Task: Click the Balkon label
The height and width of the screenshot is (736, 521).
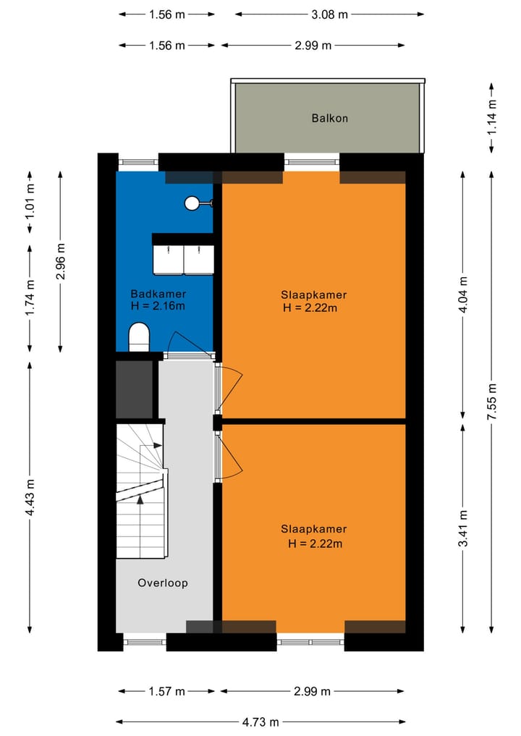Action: [x=329, y=118]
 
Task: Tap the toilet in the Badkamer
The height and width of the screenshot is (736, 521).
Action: [x=138, y=337]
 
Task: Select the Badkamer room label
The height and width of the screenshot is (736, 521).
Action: [x=158, y=294]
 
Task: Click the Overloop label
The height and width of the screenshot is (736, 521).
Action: [x=163, y=583]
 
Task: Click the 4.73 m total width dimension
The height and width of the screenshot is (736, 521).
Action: [x=260, y=722]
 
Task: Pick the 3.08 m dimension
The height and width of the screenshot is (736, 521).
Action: [x=329, y=14]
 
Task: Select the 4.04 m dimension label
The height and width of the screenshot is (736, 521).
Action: [x=463, y=295]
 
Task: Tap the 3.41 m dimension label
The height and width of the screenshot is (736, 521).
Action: [x=463, y=529]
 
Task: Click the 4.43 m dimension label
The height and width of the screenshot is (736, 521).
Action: [x=30, y=497]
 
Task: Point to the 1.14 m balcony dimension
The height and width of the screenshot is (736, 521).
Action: [x=492, y=117]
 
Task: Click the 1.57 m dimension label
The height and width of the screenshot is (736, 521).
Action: [x=167, y=692]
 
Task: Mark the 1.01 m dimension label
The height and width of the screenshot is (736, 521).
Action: [x=30, y=202]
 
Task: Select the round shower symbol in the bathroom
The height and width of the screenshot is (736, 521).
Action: [x=192, y=203]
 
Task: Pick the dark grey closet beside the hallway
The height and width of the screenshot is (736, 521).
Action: [x=135, y=389]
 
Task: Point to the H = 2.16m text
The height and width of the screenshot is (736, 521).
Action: [x=158, y=306]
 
